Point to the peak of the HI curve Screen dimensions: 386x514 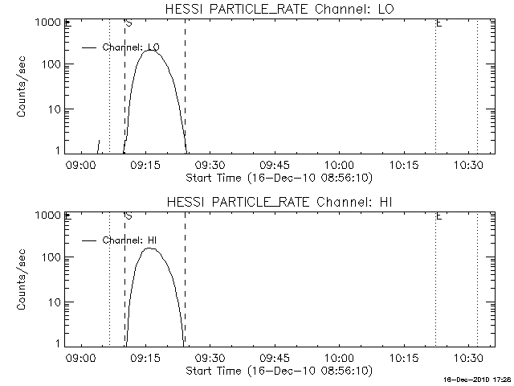tap(149, 248)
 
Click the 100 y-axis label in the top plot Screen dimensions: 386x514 tap(53, 64)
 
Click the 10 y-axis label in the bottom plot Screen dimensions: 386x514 tap(55, 302)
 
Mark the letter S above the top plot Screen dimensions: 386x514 tap(129, 23)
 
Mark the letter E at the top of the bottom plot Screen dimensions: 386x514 tap(439, 216)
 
